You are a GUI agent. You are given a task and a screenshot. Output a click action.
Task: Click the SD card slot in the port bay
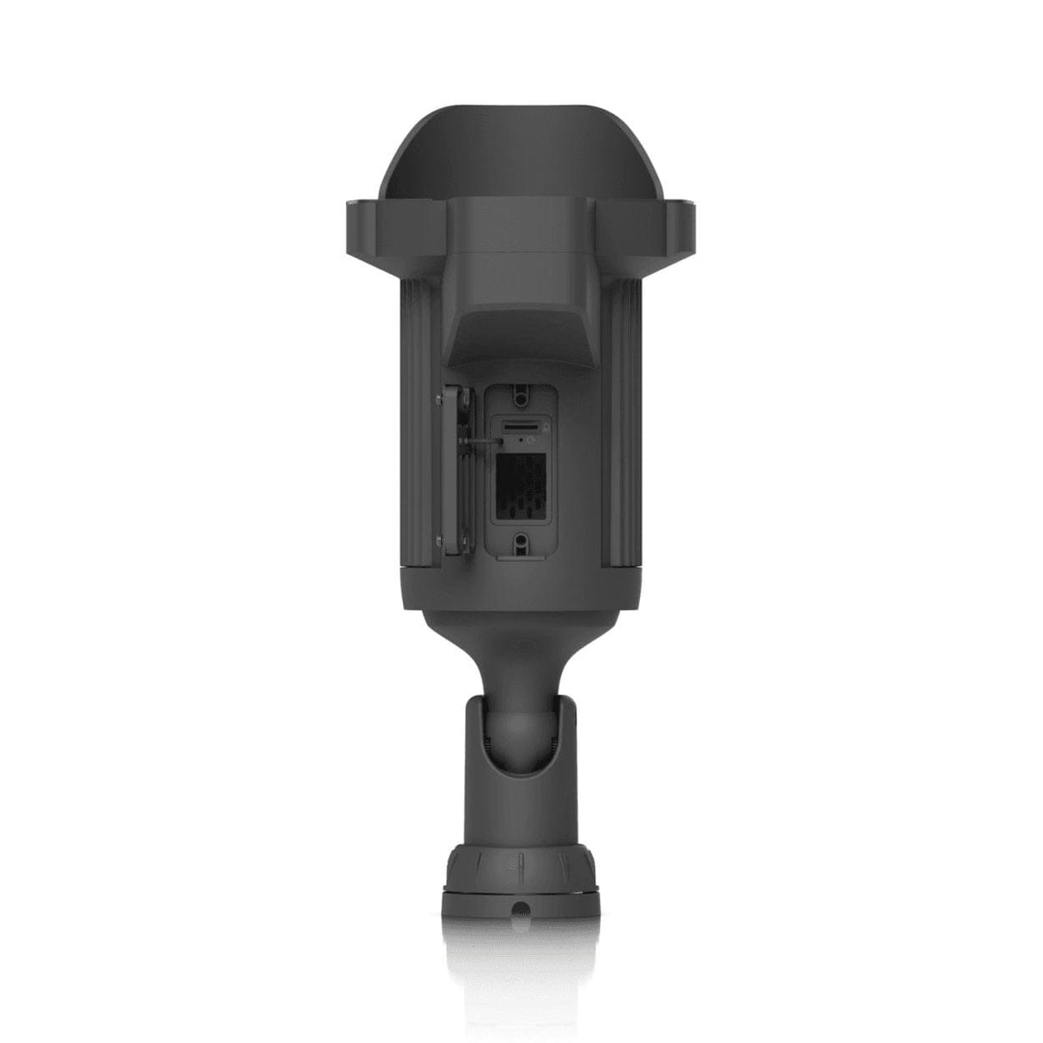point(521,425)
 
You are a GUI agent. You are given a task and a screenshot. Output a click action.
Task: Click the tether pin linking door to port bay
point(483,439)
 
